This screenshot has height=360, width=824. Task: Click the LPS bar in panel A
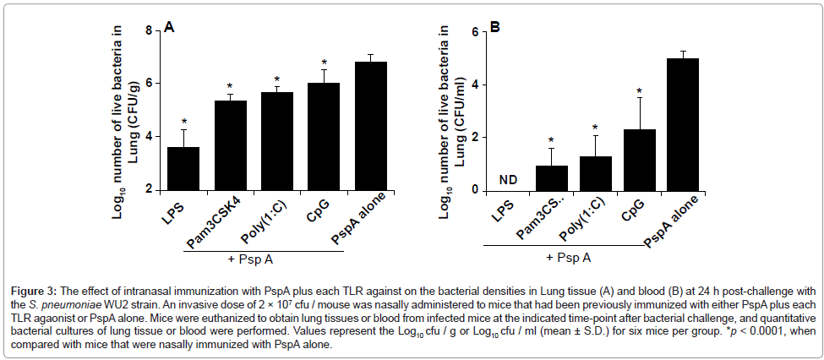click(x=183, y=168)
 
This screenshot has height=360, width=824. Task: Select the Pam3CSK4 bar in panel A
click(x=230, y=145)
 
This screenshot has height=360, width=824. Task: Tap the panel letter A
click(x=170, y=27)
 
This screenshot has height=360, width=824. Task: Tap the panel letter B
click(x=495, y=27)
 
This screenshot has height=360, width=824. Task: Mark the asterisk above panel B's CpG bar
click(x=640, y=92)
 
